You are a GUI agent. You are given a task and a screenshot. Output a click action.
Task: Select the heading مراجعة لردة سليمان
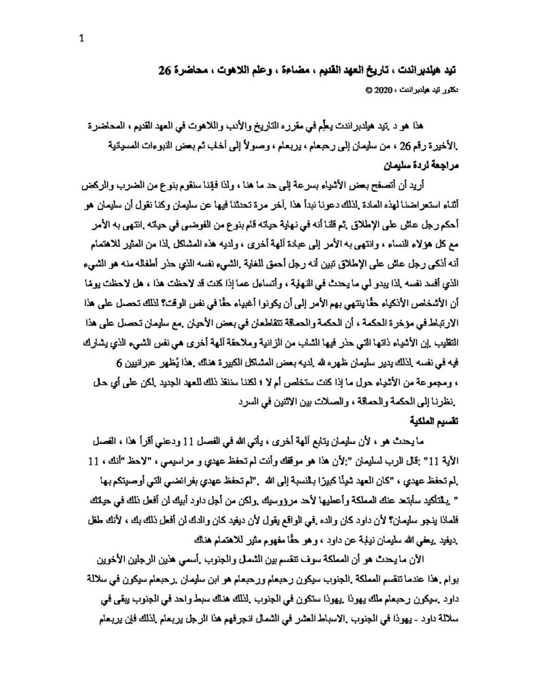tap(422, 164)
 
